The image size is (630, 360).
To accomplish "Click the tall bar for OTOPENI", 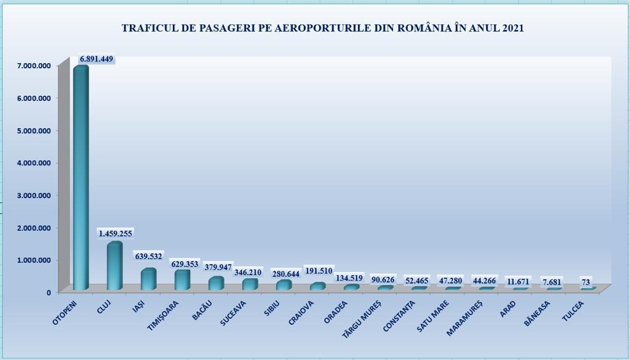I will [81, 178].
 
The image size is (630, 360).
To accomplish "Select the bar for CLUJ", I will [114, 266].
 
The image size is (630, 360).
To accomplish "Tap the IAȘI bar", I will [148, 279].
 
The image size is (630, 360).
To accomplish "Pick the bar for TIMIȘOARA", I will [182, 280].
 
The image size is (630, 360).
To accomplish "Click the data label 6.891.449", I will [97, 59].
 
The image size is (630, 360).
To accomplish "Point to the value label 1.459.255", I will [115, 234].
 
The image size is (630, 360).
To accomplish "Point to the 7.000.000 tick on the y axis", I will [33, 65].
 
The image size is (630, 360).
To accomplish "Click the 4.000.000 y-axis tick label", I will [33, 162].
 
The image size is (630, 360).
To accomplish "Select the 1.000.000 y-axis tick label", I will [33, 260].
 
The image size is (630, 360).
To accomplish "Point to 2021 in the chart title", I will [512, 28].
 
